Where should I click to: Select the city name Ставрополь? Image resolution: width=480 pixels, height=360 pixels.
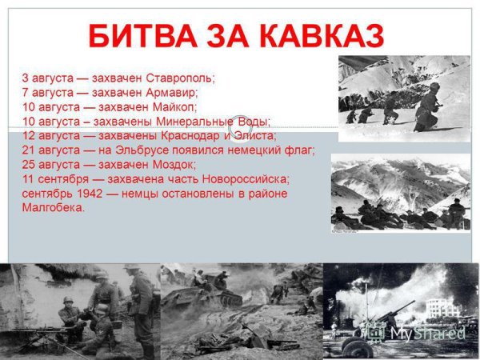pos(179,78)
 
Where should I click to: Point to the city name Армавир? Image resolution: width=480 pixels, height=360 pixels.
pos(171,93)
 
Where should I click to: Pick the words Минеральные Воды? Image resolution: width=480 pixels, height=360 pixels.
pos(213,122)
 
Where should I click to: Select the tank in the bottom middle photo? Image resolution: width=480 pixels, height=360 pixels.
pos(213,295)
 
